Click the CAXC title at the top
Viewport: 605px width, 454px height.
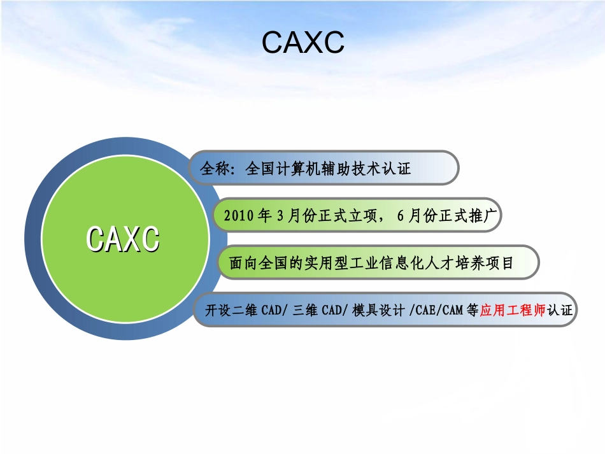click(x=302, y=43)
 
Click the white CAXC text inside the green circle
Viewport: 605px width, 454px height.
click(x=124, y=240)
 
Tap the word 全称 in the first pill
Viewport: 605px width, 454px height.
click(x=213, y=169)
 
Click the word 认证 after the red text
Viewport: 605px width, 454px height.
click(x=560, y=311)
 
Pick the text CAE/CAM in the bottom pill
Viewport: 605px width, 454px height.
click(x=438, y=311)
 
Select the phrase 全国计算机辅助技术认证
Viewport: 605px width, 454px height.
click(x=328, y=169)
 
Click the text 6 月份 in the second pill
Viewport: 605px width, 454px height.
click(x=417, y=216)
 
